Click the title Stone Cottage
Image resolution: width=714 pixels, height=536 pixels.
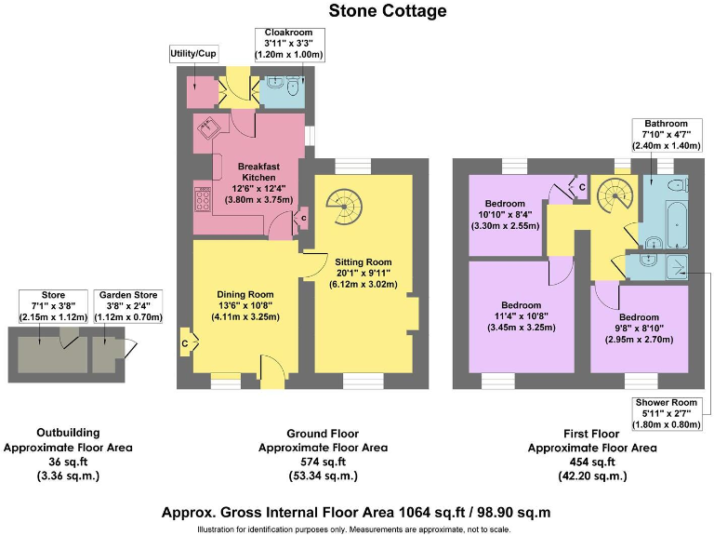point(387,11)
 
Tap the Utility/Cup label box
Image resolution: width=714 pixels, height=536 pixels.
point(193,54)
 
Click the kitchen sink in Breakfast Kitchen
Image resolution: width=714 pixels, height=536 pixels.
point(207,127)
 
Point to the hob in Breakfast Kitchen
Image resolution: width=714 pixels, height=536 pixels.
point(202,198)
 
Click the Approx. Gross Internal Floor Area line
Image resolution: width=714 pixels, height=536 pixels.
point(356,512)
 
